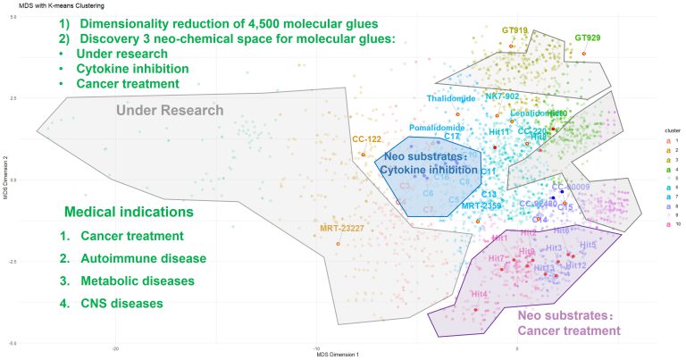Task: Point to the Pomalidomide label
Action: (436, 128)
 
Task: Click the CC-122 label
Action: (366, 139)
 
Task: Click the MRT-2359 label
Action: (481, 205)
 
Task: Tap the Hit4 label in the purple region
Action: (478, 294)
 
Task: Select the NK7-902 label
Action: (502, 96)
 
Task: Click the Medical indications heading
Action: (129, 213)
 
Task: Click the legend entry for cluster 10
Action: (668, 224)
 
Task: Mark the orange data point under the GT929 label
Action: (584, 54)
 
